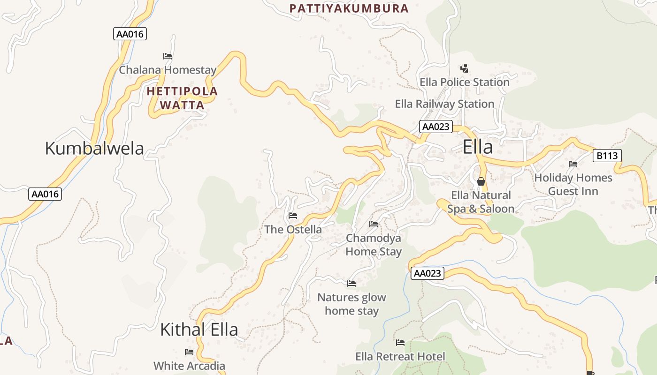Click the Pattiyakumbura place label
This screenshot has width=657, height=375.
coord(349,8)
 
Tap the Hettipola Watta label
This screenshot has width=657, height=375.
coord(182,98)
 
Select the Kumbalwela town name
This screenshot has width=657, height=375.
coord(94,148)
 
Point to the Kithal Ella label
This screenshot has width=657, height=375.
coord(199,330)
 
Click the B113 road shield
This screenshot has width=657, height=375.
coord(607,156)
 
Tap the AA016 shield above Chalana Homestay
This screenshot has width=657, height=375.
coord(130,34)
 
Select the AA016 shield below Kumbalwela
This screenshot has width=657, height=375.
coord(45,194)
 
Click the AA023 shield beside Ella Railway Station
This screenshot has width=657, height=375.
coord(436,127)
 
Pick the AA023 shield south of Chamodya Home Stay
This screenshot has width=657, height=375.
coord(428,273)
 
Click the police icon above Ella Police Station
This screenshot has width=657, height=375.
coord(464,68)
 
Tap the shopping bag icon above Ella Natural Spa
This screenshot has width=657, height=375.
coord(481,181)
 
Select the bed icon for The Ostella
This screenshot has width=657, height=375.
coord(293,216)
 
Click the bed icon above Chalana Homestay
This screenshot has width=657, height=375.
coord(168,56)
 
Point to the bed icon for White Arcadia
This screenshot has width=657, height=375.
coord(189,352)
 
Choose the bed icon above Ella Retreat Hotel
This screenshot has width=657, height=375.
coord(400,343)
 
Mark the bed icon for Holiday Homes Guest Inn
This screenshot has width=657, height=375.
coord(573,164)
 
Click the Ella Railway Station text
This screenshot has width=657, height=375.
coord(444,104)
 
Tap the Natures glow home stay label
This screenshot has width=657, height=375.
coord(351,304)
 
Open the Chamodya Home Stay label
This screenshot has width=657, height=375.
coord(374,245)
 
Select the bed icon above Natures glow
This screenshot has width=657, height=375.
coord(351,284)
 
